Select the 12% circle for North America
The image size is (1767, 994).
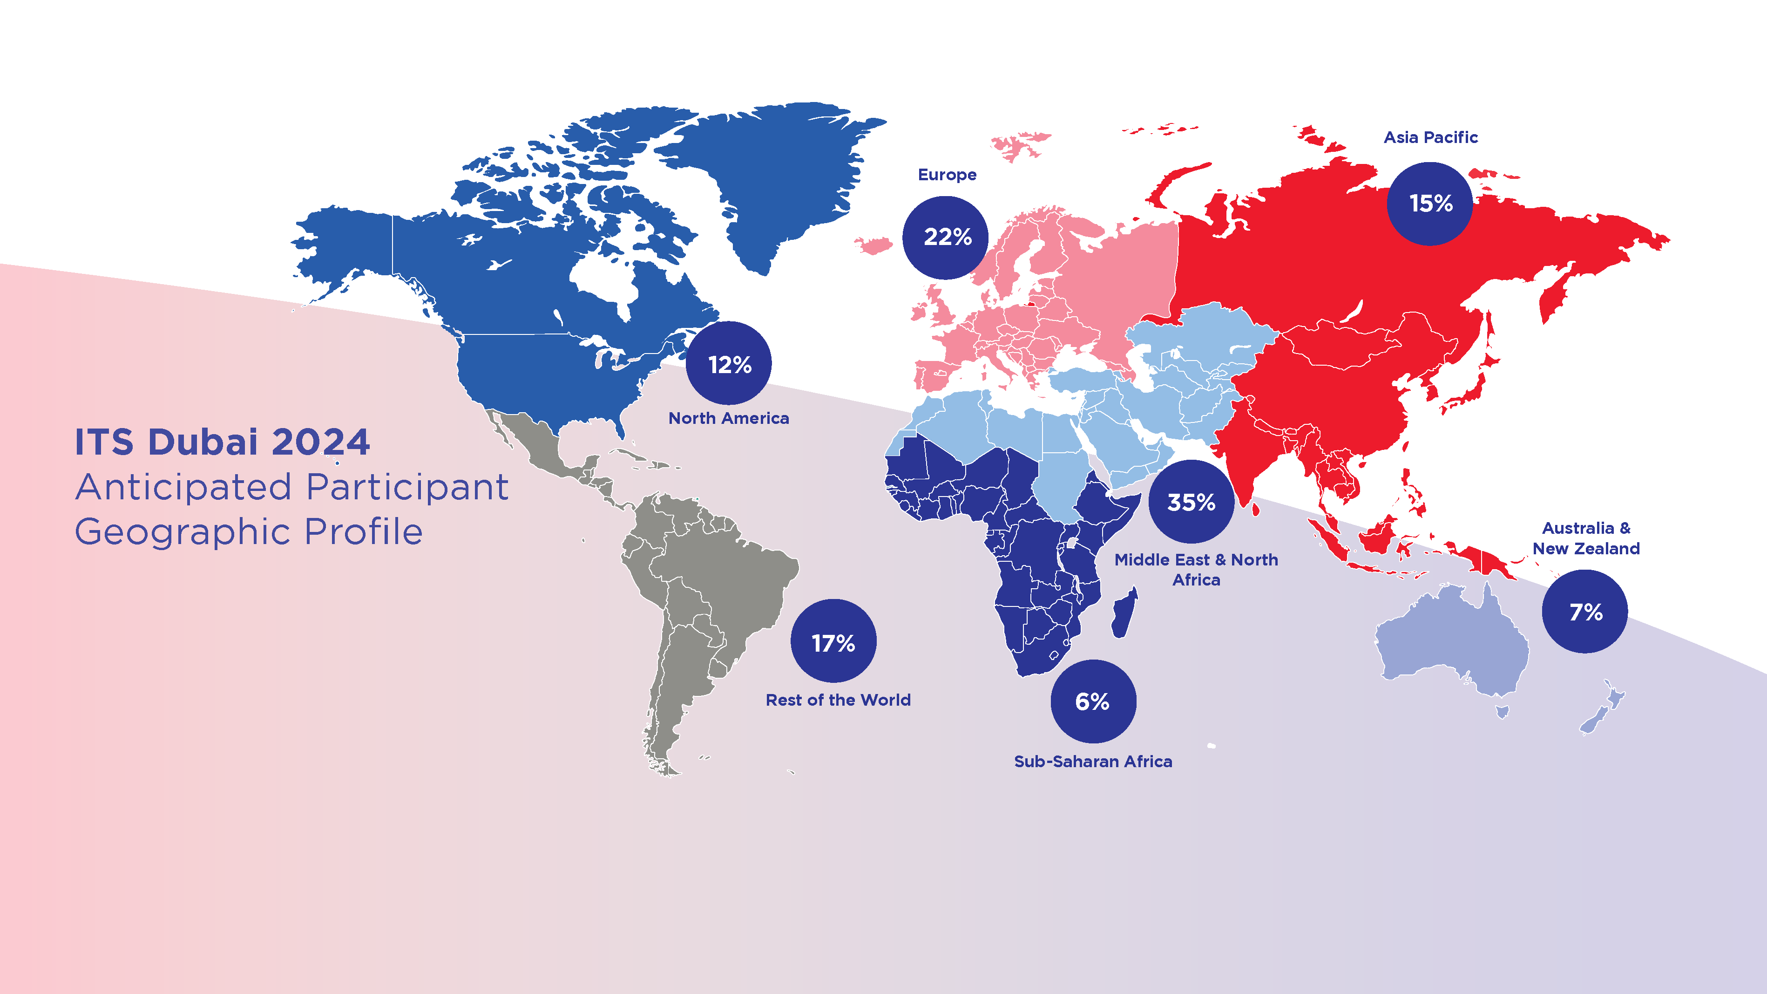click(729, 364)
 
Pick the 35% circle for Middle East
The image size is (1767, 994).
click(1191, 502)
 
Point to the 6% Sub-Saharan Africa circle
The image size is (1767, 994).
click(1093, 701)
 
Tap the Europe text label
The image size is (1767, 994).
click(947, 175)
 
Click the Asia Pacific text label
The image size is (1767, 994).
click(1430, 137)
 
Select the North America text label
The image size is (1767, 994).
click(729, 418)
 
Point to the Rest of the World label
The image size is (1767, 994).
click(838, 700)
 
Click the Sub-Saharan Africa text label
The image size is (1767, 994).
click(1093, 762)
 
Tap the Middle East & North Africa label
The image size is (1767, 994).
click(1196, 569)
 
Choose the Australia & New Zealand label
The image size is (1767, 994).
click(1586, 538)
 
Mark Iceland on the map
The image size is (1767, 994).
click(873, 244)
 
